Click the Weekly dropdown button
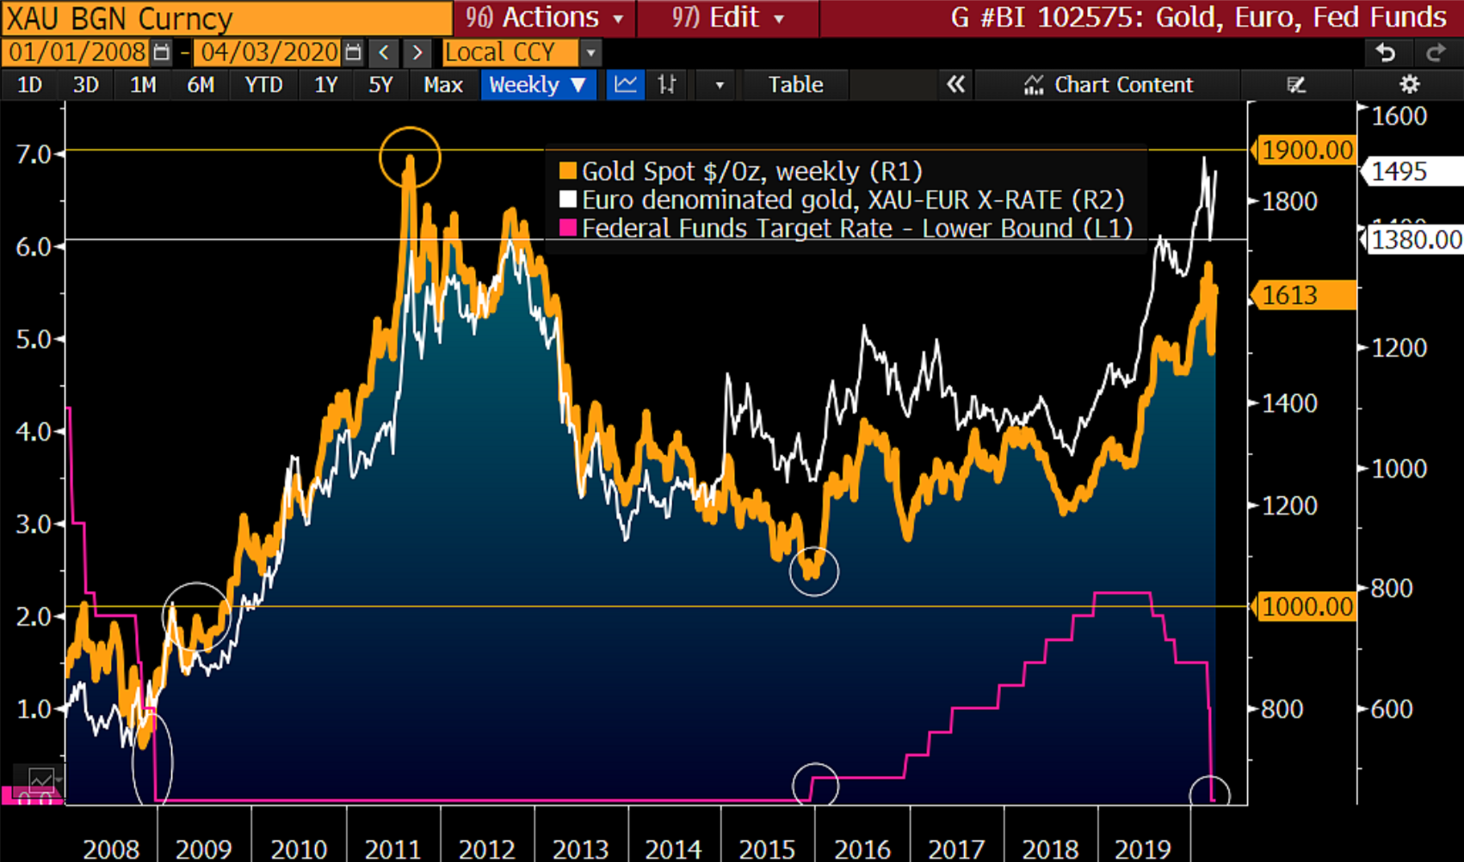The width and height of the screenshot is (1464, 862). pos(538,85)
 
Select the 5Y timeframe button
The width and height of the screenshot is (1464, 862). pos(380,85)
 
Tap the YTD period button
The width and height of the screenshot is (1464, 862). pos(263,85)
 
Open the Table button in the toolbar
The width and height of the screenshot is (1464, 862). pos(795,85)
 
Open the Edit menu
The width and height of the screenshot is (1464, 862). pos(727,18)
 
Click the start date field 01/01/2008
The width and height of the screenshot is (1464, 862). pos(77,52)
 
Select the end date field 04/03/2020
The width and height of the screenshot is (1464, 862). pos(269,52)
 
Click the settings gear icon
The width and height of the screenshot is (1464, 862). pos(1409,84)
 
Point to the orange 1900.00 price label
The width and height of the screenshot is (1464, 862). pos(1306,151)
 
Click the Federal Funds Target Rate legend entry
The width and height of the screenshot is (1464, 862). pos(847,229)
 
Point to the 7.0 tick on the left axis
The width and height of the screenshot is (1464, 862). pos(34,154)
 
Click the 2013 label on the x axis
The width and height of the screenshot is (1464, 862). pos(580,849)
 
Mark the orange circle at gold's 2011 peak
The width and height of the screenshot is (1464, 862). pos(410,157)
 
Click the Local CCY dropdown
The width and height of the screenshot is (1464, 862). pos(521,52)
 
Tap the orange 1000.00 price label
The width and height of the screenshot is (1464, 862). pos(1306,607)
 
